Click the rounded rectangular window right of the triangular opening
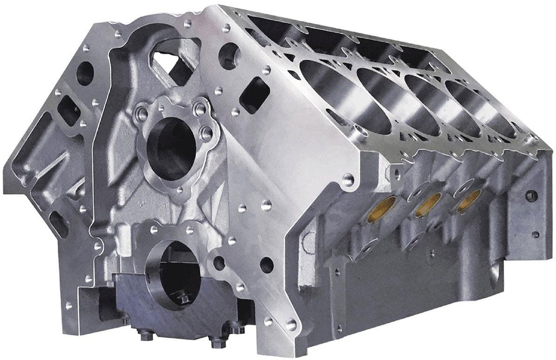point(254,96)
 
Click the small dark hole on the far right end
point(532,195)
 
